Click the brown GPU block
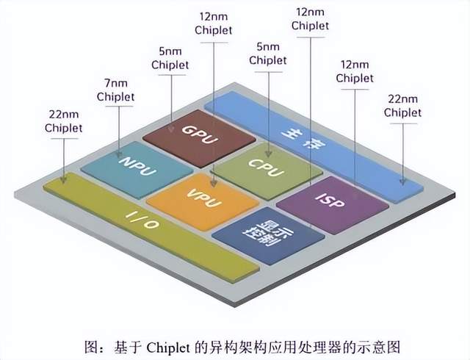199,138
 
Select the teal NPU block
137,170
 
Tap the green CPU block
267,171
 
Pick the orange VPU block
203,201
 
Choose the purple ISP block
332,205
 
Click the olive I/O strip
151,227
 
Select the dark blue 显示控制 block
268,236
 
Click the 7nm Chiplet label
116,90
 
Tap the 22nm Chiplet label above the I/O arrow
64,121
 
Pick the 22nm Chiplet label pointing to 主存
402,106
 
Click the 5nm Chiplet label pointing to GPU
170,58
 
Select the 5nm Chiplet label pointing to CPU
268,54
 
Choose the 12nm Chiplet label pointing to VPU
214,24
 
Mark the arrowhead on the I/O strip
63,179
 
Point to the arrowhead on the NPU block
119,154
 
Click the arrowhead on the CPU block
268,154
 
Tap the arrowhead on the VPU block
214,183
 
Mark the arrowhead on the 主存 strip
402,181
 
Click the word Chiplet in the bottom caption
168,348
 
